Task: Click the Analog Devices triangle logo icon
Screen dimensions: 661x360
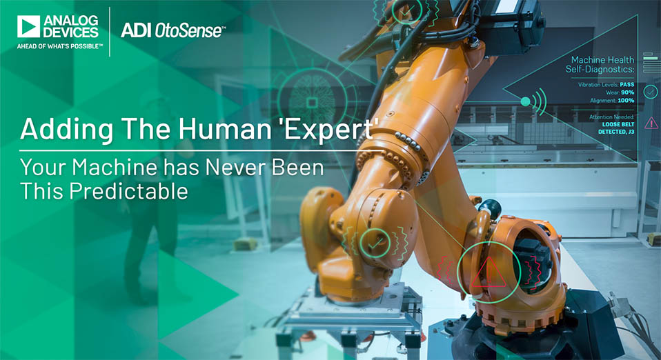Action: [29, 27]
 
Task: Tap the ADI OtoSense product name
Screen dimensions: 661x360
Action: [172, 30]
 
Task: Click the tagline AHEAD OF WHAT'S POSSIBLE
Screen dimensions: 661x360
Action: [59, 46]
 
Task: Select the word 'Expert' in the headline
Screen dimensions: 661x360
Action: [329, 129]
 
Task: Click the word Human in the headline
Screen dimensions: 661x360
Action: [225, 128]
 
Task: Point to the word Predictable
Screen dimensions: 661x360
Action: [128, 191]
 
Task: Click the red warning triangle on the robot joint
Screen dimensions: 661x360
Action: [489, 272]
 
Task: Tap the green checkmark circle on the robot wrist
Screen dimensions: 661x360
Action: [375, 243]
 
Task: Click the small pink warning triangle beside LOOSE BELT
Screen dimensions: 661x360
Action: [651, 123]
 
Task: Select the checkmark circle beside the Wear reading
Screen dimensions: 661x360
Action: [651, 92]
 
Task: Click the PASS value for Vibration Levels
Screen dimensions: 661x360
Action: [627, 84]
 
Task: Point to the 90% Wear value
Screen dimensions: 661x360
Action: [627, 92]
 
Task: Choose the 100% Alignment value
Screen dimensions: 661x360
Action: [626, 100]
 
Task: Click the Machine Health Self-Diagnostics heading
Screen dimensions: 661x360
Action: [600, 65]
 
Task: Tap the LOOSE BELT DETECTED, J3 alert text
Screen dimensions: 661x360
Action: [616, 128]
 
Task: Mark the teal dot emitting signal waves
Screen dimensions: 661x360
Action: [525, 101]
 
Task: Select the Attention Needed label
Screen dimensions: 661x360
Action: [612, 117]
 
